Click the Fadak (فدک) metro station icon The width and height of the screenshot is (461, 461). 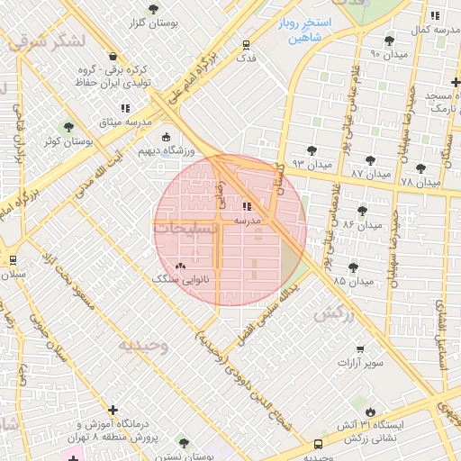coord(246,44)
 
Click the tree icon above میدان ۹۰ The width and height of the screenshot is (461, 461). coord(389,41)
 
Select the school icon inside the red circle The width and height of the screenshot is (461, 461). coord(248,206)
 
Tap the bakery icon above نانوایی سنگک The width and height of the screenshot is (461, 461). coord(181,266)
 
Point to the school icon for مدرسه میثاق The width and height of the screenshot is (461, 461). coord(124,109)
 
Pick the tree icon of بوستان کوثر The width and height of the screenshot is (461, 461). coord(68,127)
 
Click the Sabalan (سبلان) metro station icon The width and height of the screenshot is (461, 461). coord(13,260)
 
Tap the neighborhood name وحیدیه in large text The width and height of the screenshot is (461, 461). coord(143,344)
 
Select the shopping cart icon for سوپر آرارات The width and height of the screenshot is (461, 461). coord(361,349)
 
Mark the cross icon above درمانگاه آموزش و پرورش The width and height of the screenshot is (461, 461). coord(112,410)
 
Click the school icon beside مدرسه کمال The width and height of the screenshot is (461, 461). coord(436,15)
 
